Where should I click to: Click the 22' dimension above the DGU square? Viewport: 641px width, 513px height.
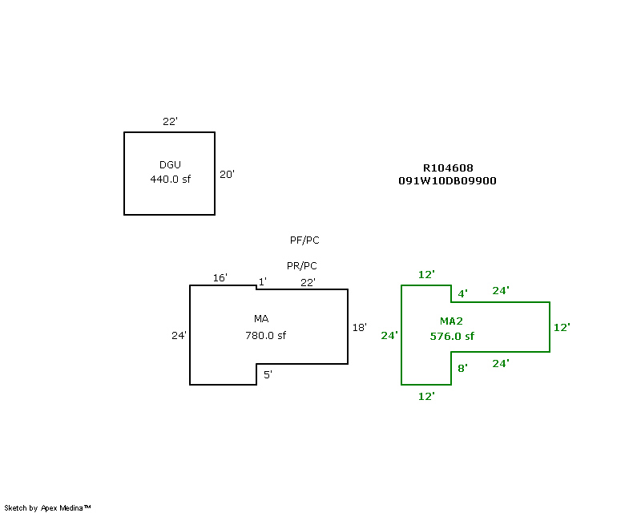pos(170,122)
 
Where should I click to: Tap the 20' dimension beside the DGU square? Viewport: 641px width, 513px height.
pos(227,174)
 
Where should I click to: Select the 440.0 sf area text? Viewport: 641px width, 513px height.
pos(171,180)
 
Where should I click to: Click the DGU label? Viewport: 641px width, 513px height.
pos(170,165)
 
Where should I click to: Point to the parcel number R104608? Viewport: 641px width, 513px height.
pos(448,168)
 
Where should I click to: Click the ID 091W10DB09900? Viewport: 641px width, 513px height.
pos(447,181)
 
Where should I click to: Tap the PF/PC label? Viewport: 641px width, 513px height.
pos(304,240)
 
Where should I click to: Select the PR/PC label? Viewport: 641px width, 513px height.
pos(301,266)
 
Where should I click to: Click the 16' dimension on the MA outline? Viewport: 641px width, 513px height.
pos(220,278)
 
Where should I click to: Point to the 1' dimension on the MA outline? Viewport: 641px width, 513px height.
pos(262,282)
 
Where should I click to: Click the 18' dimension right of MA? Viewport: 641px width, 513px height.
pos(360,328)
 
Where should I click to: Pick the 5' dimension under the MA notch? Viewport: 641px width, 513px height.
pos(268,374)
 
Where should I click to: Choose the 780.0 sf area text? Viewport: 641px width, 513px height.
pos(266,336)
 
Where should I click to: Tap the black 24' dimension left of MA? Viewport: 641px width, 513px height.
pos(179,336)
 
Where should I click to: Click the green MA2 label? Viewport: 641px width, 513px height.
pos(451,321)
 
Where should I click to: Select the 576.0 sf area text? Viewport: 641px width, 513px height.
pos(452,337)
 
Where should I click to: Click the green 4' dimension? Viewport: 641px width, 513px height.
pos(462,294)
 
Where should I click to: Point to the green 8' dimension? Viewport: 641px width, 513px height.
pos(462,369)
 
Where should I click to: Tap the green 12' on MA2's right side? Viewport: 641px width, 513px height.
pos(561,328)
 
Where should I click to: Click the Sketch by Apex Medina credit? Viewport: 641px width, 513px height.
pos(47,508)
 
